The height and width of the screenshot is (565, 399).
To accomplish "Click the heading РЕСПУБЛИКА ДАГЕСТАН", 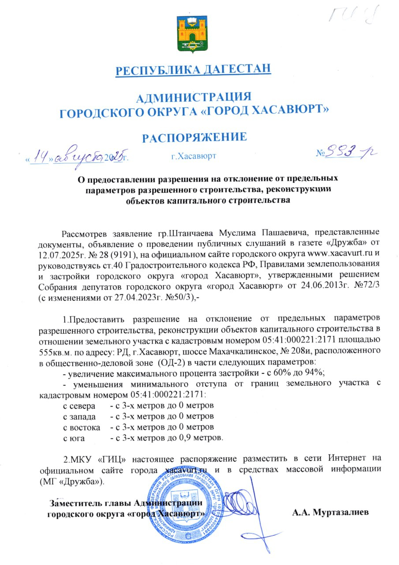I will click(x=193, y=70).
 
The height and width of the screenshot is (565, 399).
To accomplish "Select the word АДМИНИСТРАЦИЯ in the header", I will click(x=194, y=97).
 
